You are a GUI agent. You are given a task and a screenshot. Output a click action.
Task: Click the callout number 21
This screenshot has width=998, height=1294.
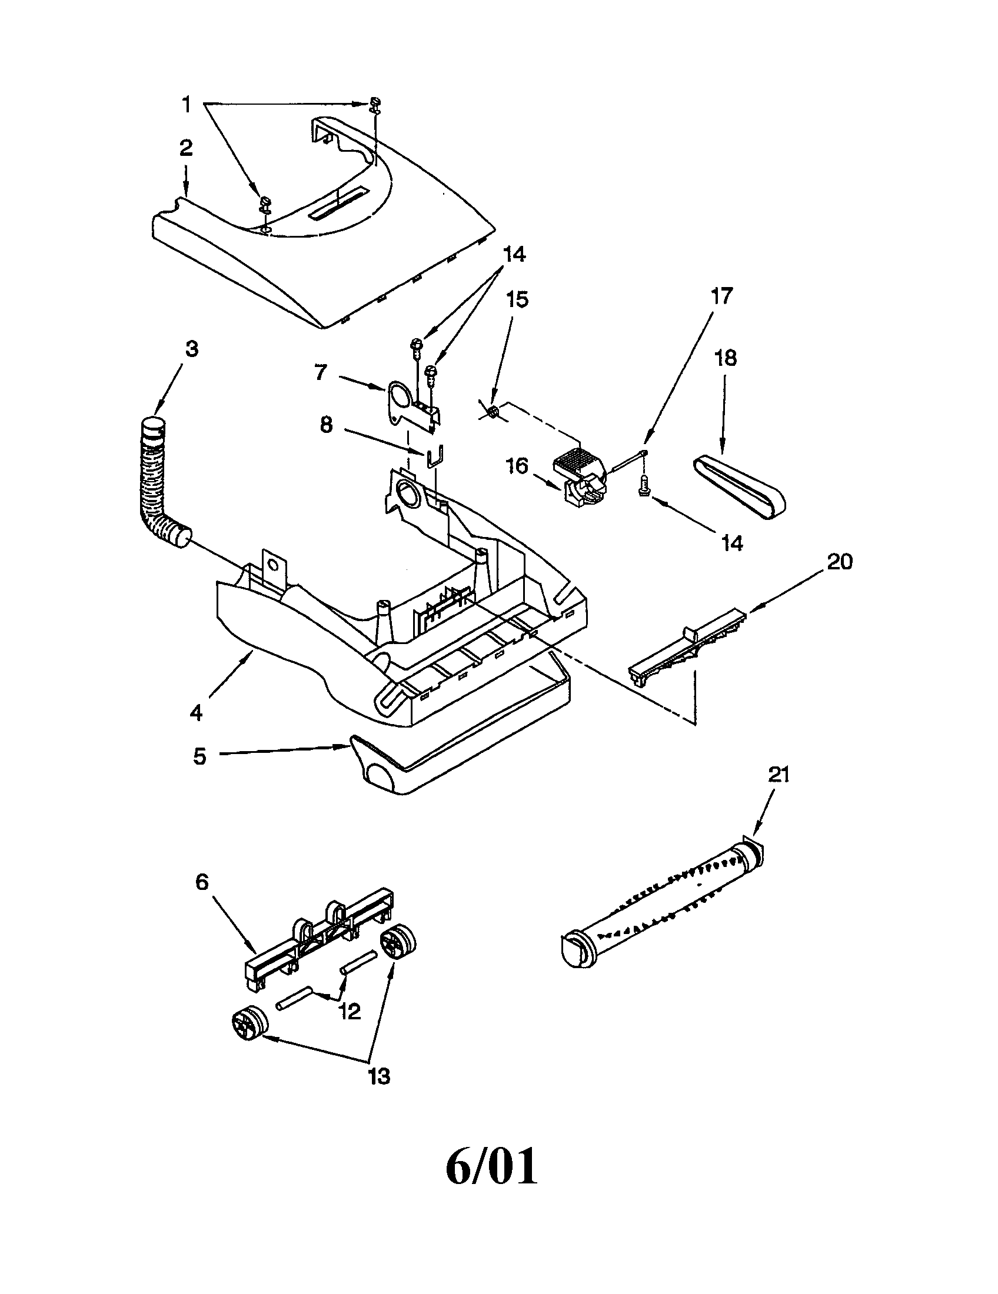[x=779, y=775]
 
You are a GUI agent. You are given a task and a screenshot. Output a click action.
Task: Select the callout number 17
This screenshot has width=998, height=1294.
[x=722, y=295]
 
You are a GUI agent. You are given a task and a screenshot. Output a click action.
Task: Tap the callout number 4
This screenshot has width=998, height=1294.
[x=195, y=713]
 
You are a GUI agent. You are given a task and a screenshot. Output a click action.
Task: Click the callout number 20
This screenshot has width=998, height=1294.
[x=839, y=561]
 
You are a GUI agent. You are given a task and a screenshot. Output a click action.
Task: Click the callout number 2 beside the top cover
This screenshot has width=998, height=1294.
[x=186, y=148]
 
